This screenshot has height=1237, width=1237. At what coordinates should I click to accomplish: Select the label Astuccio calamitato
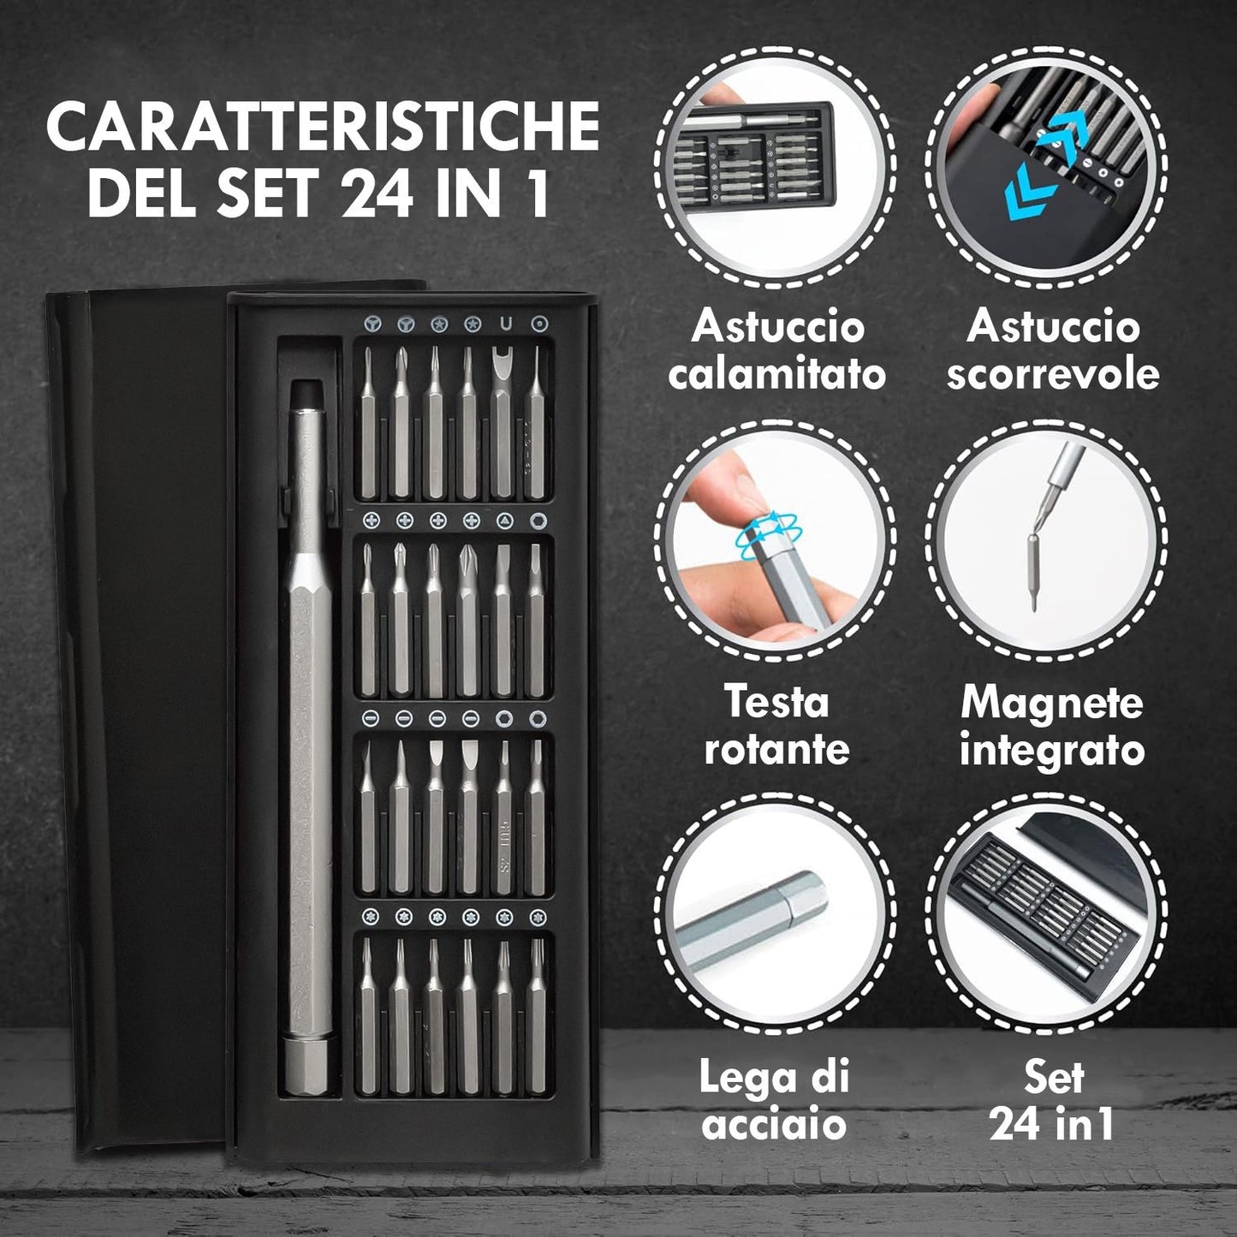[x=776, y=350]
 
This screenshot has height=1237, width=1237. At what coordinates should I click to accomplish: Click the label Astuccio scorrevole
[x=1053, y=350]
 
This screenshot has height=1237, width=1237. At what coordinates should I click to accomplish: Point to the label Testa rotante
[x=776, y=725]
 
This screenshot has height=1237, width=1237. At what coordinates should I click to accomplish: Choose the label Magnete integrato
[x=1053, y=725]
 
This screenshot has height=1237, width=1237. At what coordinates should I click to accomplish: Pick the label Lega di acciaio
[x=774, y=1100]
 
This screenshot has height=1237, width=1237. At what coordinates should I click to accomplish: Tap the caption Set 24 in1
[x=1054, y=1100]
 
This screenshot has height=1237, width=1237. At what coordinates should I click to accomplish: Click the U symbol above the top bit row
[x=506, y=324]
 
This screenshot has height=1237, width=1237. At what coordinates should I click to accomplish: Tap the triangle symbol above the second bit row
[x=505, y=520]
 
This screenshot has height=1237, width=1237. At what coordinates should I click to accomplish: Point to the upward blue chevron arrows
[x=1062, y=137]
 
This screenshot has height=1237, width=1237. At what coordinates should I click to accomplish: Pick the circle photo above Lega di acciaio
[x=776, y=911]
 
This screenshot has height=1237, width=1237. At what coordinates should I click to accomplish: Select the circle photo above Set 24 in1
[x=1046, y=911]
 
